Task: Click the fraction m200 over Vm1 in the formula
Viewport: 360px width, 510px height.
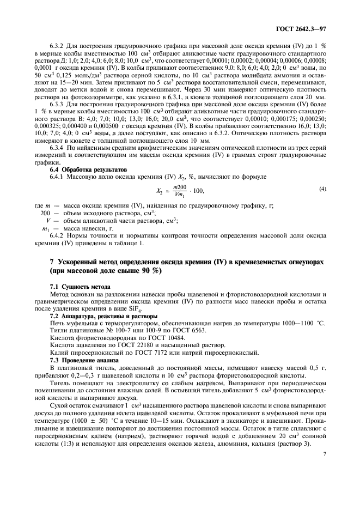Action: pos(180,191)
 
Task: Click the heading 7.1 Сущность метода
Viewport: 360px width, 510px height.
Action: pos(72,286)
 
